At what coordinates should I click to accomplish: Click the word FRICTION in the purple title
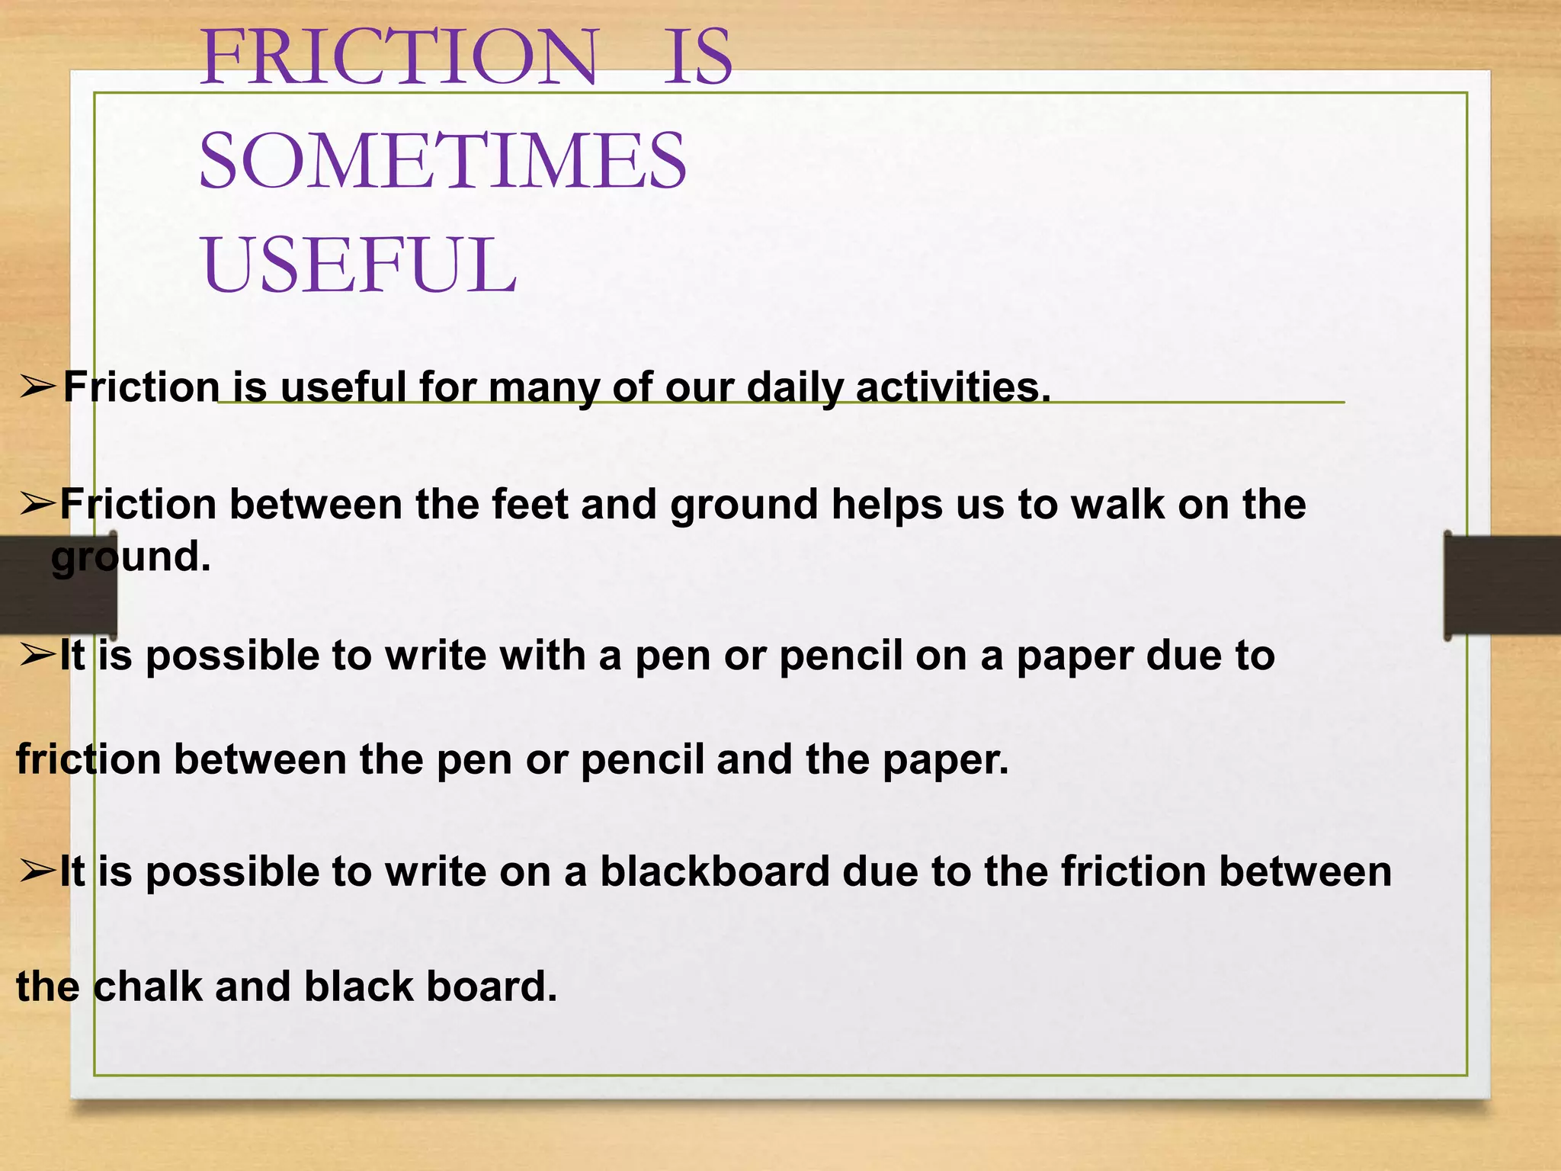pos(399,58)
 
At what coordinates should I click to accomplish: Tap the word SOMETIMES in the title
pos(442,162)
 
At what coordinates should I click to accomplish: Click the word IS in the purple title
pos(697,58)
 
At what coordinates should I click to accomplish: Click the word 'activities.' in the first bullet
pos(953,387)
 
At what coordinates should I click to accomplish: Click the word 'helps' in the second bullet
pos(887,505)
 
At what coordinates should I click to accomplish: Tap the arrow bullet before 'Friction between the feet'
pos(37,504)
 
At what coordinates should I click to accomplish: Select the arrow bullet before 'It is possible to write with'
pos(37,655)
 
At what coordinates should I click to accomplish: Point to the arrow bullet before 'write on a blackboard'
pos(37,871)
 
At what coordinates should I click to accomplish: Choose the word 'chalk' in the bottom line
pos(149,987)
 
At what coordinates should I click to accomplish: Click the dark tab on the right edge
pos(1502,585)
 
